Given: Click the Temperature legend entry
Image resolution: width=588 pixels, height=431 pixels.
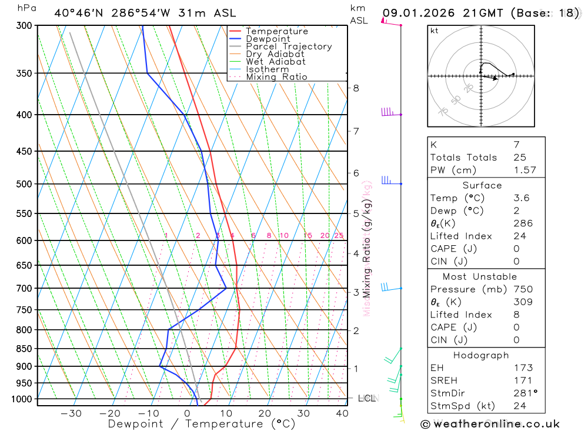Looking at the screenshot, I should tap(276, 31).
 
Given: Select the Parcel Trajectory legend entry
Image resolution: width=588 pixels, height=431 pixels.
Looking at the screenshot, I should tap(289, 46).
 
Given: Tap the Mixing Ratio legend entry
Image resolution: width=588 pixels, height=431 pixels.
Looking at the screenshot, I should tap(276, 77).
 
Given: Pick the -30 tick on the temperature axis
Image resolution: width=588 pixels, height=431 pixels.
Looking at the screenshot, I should tap(71, 413).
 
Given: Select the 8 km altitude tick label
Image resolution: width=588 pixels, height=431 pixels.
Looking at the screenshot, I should tap(356, 88).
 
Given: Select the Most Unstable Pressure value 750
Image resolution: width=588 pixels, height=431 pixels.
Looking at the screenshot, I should tap(523, 289).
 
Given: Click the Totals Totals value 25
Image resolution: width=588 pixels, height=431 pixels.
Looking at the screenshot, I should tap(519, 157).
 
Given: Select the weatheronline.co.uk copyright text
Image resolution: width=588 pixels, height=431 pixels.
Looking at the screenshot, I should tap(490, 424).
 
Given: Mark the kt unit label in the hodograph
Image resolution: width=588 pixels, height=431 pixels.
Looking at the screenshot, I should tap(435, 31).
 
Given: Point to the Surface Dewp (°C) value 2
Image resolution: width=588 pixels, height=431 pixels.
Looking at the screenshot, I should tap(516, 211).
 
